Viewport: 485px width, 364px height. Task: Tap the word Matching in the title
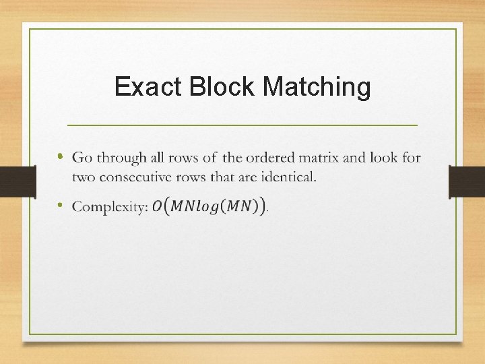[x=317, y=88]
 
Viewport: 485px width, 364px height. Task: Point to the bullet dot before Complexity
[x=60, y=205]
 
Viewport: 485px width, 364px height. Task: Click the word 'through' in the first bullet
[x=121, y=158]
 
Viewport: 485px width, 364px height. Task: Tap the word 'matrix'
[x=323, y=158]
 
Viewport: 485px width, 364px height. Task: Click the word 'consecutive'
[x=137, y=177]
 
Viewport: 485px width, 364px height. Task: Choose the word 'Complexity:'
[x=110, y=207]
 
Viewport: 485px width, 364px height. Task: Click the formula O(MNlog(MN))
[x=209, y=206]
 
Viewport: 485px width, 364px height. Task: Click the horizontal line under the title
[x=243, y=125]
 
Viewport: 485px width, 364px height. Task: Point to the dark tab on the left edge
[x=18, y=181]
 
